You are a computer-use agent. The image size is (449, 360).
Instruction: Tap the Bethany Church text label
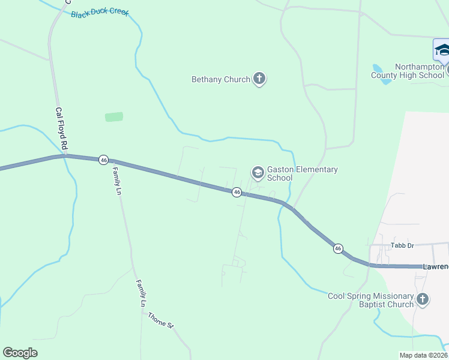(220, 79)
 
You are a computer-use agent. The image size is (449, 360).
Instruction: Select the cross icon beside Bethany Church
(259, 79)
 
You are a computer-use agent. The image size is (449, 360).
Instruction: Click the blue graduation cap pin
(442, 50)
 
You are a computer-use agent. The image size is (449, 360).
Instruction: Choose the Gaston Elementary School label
(302, 173)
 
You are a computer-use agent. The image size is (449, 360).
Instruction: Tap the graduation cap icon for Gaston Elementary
(258, 173)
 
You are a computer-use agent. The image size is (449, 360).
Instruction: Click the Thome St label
(160, 321)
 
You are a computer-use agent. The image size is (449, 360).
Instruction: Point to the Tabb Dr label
(402, 245)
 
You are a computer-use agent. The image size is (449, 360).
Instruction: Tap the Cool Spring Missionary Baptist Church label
(371, 300)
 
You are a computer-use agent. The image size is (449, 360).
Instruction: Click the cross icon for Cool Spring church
(423, 299)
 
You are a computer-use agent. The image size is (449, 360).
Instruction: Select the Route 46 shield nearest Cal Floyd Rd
(104, 160)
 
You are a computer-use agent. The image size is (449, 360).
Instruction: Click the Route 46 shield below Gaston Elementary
(237, 192)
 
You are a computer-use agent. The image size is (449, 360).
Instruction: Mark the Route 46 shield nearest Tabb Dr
(338, 248)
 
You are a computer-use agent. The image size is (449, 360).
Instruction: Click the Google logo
(20, 353)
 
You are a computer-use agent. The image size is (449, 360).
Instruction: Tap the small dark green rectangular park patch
(113, 117)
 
